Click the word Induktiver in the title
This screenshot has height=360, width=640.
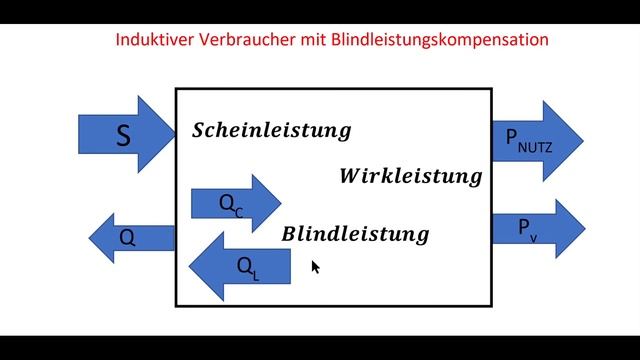coord(153,41)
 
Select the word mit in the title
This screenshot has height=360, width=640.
coord(310,41)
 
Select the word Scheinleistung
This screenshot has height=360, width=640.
coord(271,131)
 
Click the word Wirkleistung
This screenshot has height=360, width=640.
coord(410,177)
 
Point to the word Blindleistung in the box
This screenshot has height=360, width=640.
coord(355,235)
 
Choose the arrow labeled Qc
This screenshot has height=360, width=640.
coord(236,204)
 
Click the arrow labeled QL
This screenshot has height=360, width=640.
coord(240,266)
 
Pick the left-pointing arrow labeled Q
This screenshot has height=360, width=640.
coord(131,238)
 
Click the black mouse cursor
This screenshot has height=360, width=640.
coord(315,267)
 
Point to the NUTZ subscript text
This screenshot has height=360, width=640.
coord(534,150)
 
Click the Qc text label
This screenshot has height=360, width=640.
coord(231,205)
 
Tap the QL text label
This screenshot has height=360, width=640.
coord(248,267)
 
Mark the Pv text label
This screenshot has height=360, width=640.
coord(527,229)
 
